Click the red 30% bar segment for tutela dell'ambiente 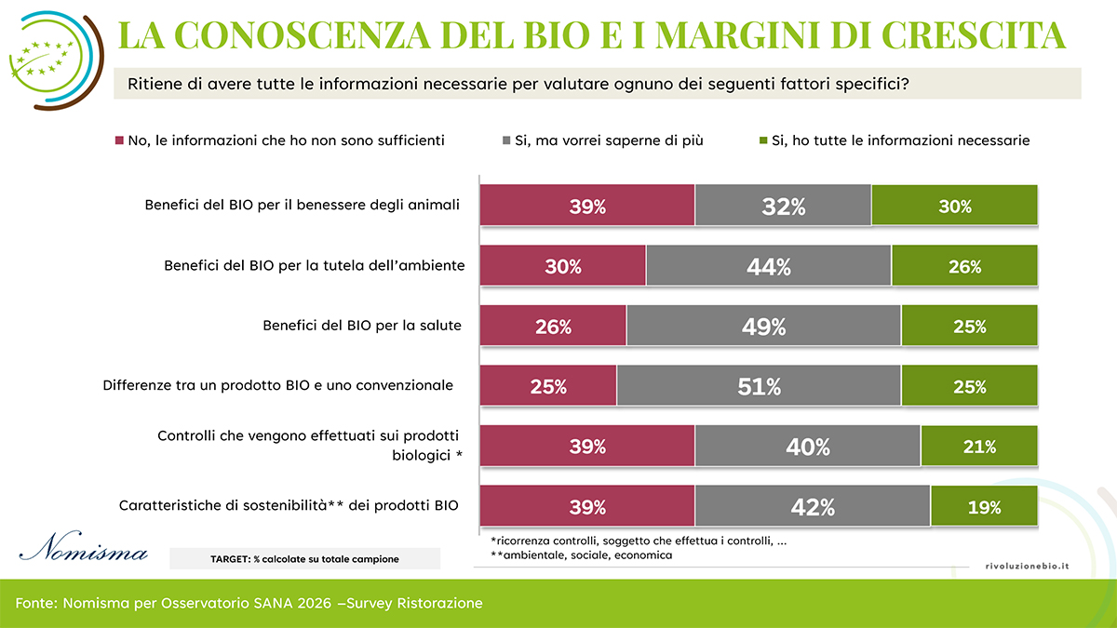[x=562, y=267]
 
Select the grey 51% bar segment [x=759, y=386]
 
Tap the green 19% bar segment [x=984, y=507]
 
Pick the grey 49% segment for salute [x=764, y=327]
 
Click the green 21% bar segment [x=979, y=447]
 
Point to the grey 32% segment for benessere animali [x=783, y=207]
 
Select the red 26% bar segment [x=553, y=327]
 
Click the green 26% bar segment [x=964, y=267]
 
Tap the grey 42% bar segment [x=813, y=507]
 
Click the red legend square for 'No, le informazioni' [x=120, y=141]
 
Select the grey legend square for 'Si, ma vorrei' [x=507, y=141]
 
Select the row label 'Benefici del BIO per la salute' [x=363, y=327]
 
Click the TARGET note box [x=304, y=558]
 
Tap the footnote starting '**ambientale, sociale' [x=582, y=555]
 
